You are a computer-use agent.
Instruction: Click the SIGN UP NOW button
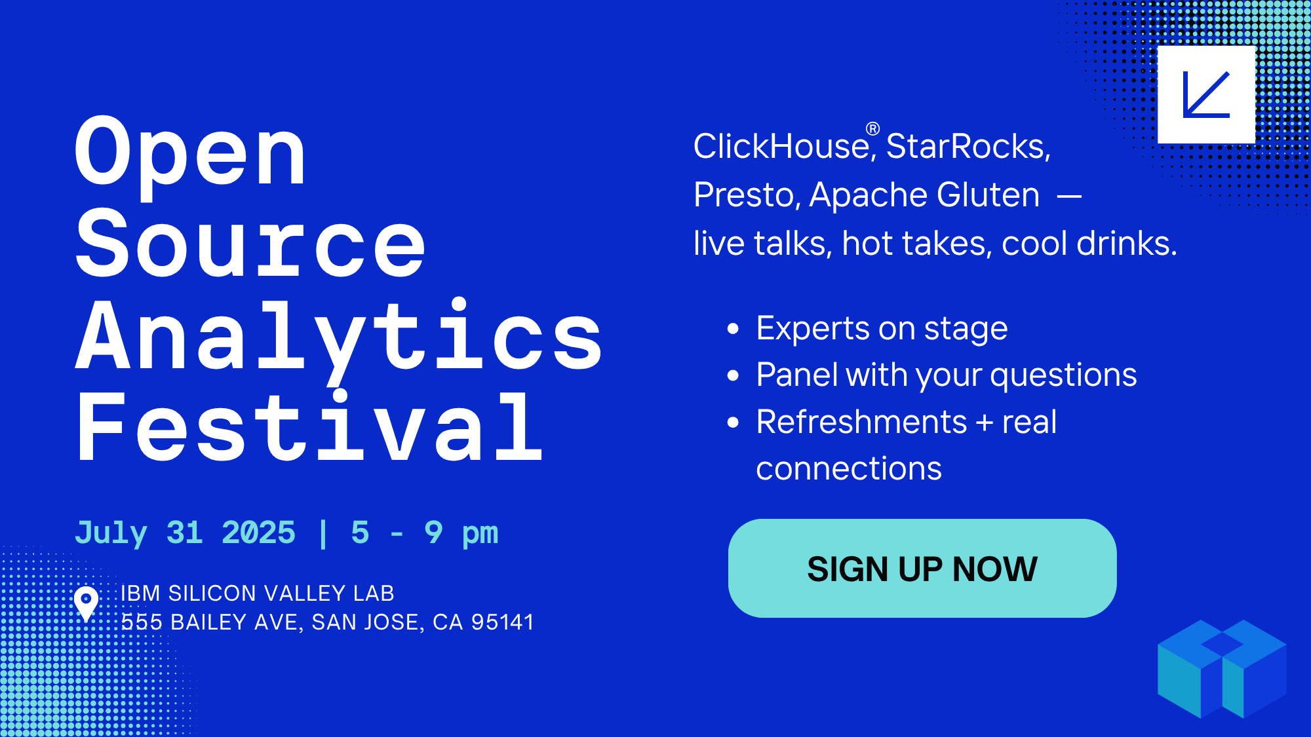pos(922,568)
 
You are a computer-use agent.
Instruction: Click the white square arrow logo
pos(1206,94)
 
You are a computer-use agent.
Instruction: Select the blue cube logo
pos(1222,669)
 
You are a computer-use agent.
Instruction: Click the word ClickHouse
pos(781,146)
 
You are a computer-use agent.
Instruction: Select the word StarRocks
pos(968,146)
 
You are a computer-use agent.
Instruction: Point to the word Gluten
pos(988,195)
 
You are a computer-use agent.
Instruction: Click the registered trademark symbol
pos(872,129)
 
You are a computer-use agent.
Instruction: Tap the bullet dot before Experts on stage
pos(733,328)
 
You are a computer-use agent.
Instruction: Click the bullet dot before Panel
pos(733,375)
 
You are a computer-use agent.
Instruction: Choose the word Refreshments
pos(861,421)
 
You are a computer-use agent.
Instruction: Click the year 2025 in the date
pos(258,533)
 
